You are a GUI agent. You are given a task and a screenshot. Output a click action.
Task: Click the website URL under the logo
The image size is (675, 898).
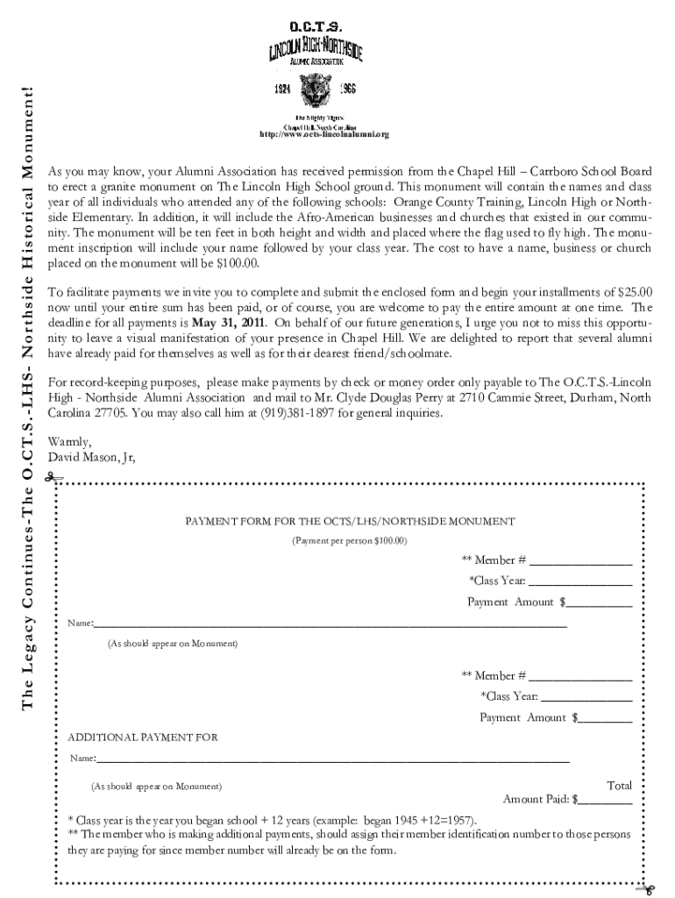tap(322, 134)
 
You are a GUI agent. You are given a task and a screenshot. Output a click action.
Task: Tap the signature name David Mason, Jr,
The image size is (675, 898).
tap(92, 457)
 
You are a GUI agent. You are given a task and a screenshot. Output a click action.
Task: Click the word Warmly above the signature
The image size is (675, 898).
tap(69, 441)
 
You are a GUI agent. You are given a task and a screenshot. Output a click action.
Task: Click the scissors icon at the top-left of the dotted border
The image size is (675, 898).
tap(53, 478)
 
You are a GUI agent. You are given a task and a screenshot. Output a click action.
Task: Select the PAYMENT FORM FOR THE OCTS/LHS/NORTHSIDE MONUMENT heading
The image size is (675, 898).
tap(349, 521)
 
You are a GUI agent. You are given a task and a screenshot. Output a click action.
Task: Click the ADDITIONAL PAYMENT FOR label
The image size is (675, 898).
tap(142, 738)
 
